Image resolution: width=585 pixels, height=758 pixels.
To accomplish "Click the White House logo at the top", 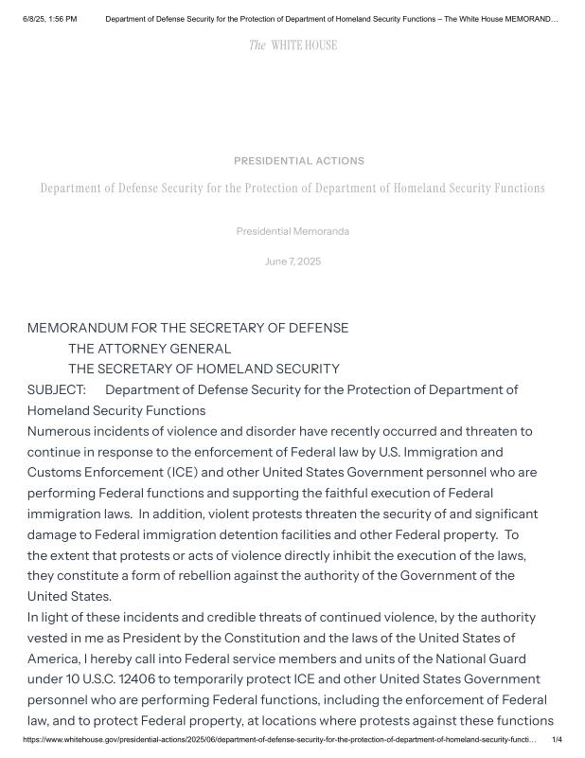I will click(x=292, y=45).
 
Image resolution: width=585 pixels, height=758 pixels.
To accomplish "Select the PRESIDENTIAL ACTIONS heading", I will click(x=299, y=161).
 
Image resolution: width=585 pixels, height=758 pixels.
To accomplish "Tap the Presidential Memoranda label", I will click(x=292, y=231).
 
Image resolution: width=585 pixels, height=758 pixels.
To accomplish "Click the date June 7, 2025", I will click(x=292, y=262).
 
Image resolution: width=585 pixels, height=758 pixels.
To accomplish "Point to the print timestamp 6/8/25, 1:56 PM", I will click(x=50, y=19).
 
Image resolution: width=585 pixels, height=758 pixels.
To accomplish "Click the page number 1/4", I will click(x=557, y=739).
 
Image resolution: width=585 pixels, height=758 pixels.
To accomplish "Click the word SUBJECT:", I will click(x=57, y=390).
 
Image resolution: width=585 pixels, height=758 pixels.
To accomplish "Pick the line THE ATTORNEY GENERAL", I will click(x=150, y=349).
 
